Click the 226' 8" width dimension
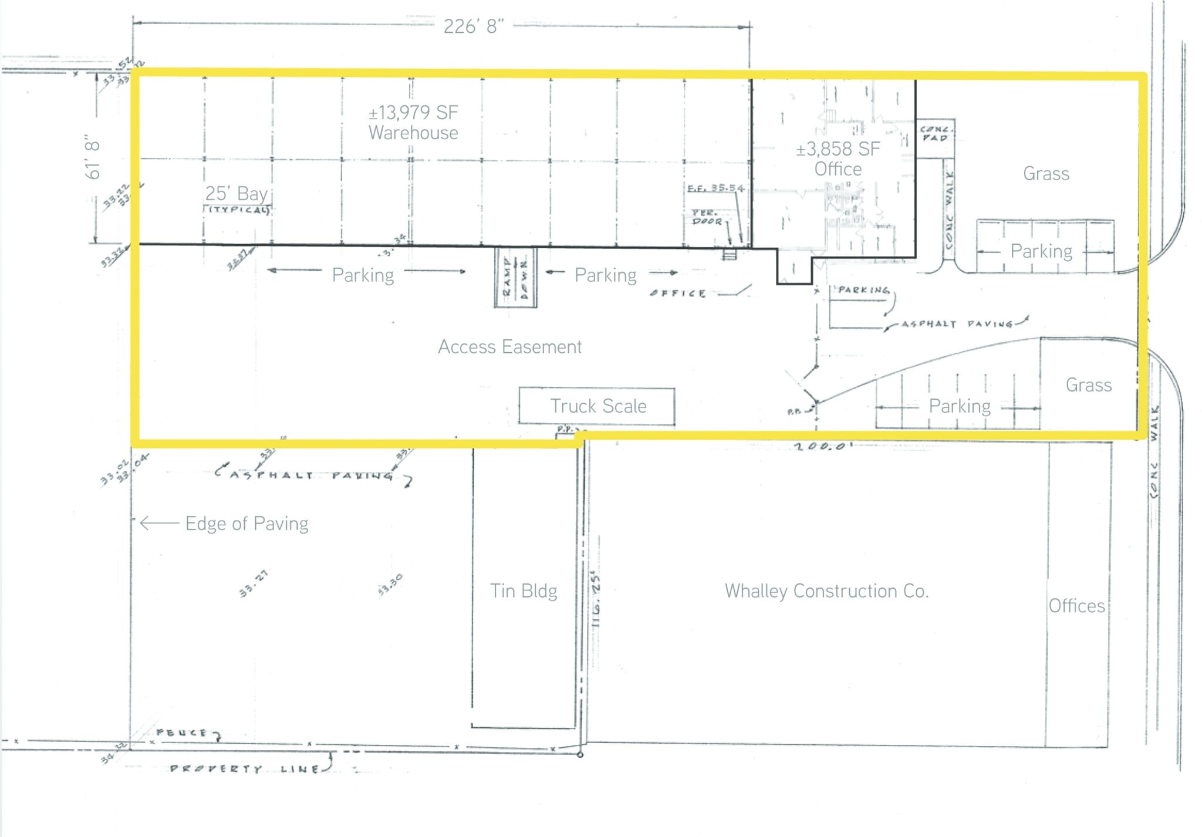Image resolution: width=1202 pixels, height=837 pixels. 473,26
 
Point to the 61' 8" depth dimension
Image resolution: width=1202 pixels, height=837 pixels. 93,159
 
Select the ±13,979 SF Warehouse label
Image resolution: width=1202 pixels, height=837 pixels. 413,122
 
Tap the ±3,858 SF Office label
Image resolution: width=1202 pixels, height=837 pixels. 838,158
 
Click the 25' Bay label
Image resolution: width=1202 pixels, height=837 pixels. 236,193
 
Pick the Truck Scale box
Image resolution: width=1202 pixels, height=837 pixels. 597,406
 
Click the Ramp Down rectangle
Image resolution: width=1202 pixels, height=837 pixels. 515,277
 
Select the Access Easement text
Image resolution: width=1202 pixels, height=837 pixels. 509,347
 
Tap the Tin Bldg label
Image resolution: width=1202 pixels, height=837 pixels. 524,590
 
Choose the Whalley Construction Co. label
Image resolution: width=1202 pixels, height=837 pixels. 826,590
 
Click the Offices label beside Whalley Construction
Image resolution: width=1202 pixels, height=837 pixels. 1076,606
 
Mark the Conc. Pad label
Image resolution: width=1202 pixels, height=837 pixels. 935,133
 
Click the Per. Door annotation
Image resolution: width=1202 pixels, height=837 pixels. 707,217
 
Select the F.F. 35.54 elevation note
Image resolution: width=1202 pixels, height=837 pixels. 715,188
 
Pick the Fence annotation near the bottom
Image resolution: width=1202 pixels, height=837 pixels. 182,733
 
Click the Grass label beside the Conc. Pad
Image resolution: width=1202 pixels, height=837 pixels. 1046,174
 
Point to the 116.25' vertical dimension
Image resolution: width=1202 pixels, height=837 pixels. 596,599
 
